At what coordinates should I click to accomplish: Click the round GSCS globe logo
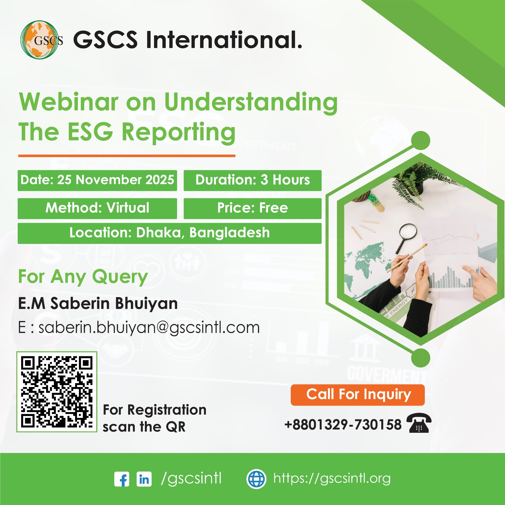pos(40,40)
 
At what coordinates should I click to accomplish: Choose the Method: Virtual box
pos(97,208)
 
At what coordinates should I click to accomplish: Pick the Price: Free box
pos(252,208)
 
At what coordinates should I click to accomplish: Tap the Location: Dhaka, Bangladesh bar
pos(169,233)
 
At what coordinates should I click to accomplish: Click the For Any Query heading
pos(83,277)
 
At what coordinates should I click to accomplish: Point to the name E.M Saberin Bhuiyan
pos(98,304)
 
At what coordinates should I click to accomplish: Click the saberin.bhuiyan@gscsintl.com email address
pos(149,328)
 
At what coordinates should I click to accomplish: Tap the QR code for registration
pos(57,392)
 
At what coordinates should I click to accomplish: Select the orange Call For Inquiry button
pos(358,395)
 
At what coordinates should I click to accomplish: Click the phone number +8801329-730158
pos(343,425)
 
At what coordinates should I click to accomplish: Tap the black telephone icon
pos(419,423)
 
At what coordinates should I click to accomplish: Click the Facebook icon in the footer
pos(122,479)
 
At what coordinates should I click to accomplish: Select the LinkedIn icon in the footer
pos(144,479)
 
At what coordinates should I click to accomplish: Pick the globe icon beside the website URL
pos(256,479)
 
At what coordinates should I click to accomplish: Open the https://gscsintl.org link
pos(332,479)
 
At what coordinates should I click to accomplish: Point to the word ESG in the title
pos(90,132)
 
